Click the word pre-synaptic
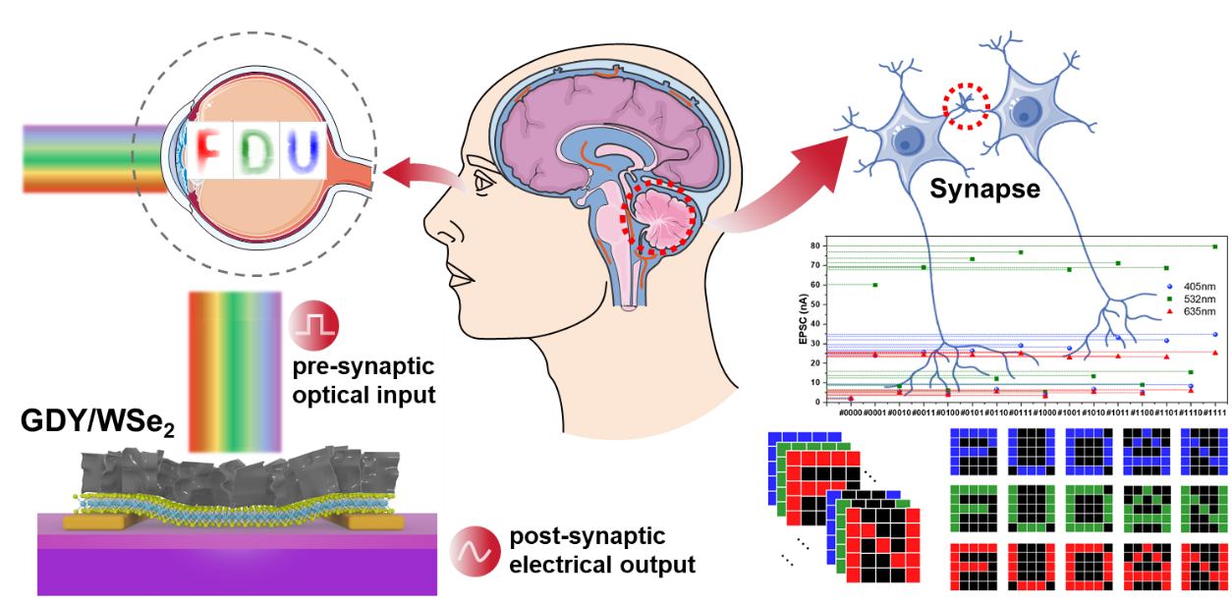pos(364,367)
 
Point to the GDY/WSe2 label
pos(88,424)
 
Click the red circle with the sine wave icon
pos(475,552)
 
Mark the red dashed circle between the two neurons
pos(967,106)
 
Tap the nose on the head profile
pos(432,228)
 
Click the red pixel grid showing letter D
pos(1089,567)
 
